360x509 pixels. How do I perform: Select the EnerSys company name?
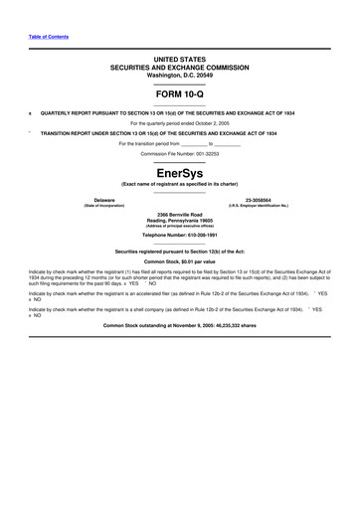click(180, 173)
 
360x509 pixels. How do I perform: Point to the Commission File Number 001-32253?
click(180, 154)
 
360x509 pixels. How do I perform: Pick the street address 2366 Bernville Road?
click(180, 214)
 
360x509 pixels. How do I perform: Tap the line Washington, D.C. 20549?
click(180, 75)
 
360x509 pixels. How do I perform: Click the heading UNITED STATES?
click(180, 61)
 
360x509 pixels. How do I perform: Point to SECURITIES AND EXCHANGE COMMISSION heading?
click(180, 68)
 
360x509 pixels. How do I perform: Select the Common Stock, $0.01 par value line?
click(180, 260)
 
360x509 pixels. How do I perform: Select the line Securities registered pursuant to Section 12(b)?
click(180, 252)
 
